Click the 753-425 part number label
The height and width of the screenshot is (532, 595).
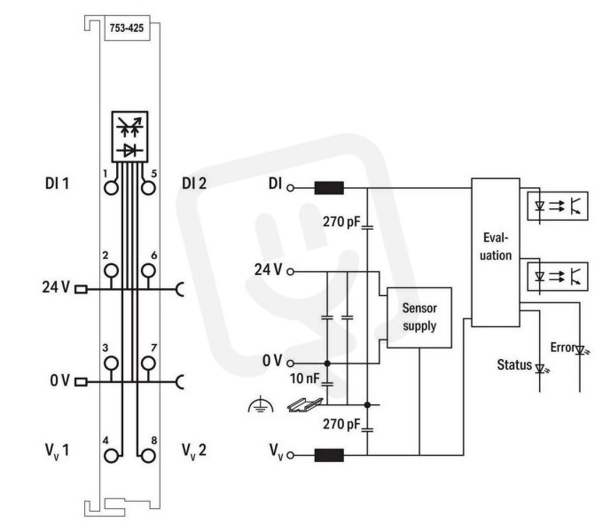point(127,28)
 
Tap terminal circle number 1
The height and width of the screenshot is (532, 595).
point(111,188)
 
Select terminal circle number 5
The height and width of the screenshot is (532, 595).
point(148,188)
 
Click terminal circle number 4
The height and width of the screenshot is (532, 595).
point(111,456)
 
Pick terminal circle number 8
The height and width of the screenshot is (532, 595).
point(148,456)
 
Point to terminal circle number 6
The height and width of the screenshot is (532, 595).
point(148,271)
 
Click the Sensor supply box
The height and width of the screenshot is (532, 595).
point(419,317)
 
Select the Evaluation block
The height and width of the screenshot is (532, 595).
point(496,253)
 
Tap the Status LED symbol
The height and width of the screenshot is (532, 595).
point(541,368)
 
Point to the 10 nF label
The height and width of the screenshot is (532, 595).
point(305,379)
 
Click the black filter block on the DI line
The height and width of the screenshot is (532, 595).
point(329,188)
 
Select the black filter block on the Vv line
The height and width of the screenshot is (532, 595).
point(329,455)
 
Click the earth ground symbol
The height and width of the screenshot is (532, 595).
point(261,405)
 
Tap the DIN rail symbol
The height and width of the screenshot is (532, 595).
point(305,405)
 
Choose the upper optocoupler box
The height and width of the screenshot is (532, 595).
point(558,206)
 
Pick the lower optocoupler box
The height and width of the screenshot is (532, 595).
point(558,277)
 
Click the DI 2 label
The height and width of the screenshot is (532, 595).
point(194,184)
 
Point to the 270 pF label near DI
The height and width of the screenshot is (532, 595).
point(341,222)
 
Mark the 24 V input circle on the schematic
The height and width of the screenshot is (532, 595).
point(290,271)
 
